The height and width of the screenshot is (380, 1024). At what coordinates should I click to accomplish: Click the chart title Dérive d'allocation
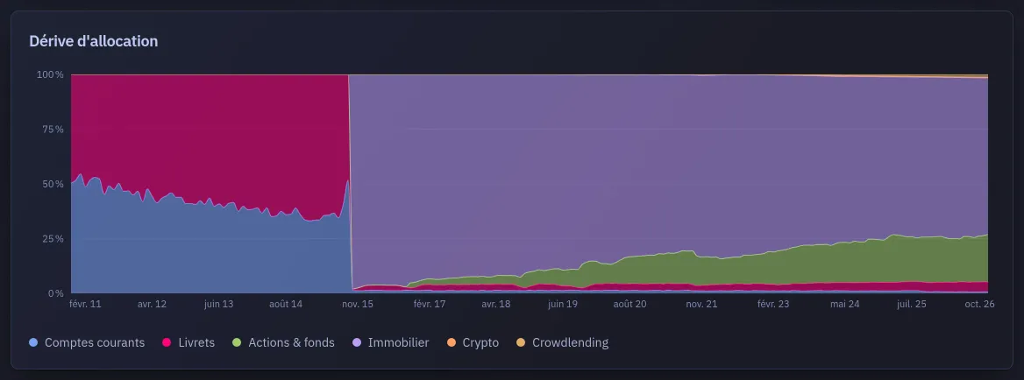point(94,41)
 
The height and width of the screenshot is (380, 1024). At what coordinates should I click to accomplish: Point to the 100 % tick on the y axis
point(50,75)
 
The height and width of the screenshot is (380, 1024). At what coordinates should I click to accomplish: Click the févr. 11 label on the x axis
point(86,304)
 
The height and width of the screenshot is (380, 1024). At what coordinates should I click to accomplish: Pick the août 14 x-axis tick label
point(286,304)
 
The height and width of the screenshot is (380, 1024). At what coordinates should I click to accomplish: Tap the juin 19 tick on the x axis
point(563,304)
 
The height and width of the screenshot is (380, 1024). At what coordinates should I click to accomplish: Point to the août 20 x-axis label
point(630,304)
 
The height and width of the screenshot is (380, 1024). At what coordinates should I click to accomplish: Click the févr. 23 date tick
point(773,304)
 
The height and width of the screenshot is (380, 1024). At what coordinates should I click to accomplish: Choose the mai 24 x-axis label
point(843,304)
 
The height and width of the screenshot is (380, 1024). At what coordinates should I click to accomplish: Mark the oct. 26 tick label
point(979,304)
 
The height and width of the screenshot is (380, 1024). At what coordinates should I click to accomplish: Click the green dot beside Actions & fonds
point(237,343)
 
